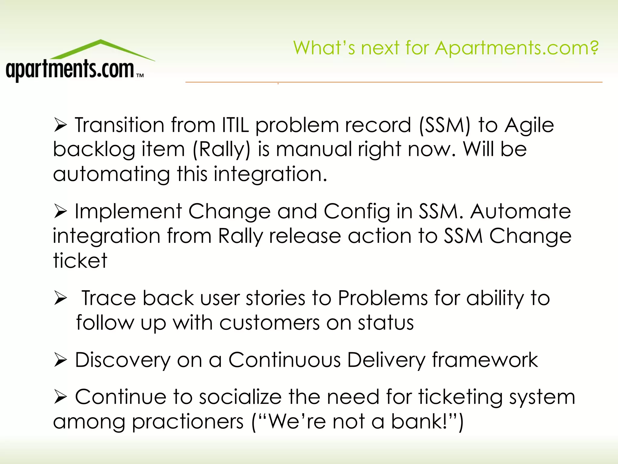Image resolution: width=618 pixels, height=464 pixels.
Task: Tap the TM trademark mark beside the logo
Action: coord(140,76)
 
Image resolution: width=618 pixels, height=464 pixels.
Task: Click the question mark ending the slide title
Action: coord(594,47)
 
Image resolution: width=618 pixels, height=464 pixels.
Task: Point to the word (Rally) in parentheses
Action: coord(221,150)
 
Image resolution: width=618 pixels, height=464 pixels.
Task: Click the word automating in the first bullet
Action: coord(111,175)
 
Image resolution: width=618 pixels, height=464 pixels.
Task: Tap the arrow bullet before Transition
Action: coord(60,125)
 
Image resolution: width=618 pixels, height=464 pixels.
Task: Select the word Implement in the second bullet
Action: coord(128,211)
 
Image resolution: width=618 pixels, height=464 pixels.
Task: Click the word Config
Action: coord(357,212)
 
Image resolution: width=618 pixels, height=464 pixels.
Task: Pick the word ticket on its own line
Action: coord(80,260)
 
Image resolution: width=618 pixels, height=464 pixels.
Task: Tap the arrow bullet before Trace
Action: coord(60,298)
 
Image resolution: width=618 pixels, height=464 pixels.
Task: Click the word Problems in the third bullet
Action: coord(383,298)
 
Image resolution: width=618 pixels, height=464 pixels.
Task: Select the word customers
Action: coord(269,323)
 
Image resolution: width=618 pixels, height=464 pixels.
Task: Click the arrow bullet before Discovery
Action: coord(60,360)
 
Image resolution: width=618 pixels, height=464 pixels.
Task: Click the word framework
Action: coord(485,360)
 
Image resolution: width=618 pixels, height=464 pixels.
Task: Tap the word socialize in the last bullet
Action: coord(240,397)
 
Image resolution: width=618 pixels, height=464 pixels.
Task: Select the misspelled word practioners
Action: coord(188,422)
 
